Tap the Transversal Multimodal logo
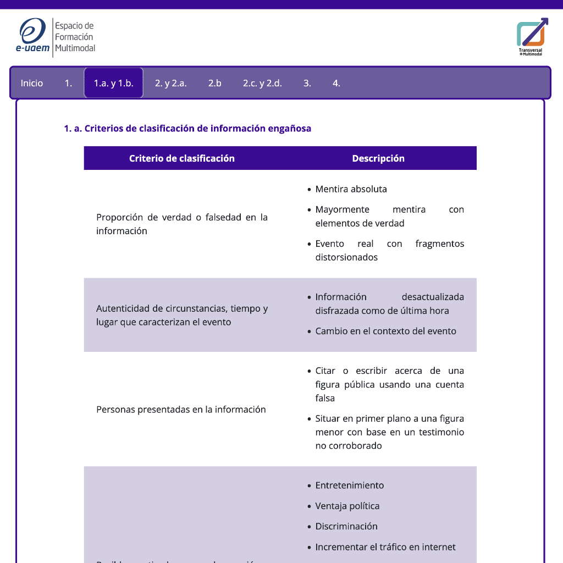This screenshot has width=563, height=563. [x=532, y=36]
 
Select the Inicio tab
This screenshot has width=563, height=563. [x=32, y=84]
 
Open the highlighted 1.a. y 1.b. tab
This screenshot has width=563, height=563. [x=113, y=84]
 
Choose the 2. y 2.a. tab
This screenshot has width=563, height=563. [x=170, y=84]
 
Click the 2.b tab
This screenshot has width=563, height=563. [x=214, y=84]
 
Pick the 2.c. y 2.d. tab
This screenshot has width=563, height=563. [x=262, y=84]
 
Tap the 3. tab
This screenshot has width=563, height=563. [x=307, y=84]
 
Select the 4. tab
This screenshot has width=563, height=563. [x=336, y=84]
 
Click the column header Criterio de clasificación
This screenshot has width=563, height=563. [x=182, y=158]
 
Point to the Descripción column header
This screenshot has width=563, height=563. [x=378, y=158]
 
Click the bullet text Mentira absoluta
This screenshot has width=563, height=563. [x=351, y=189]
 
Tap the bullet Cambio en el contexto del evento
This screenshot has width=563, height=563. [x=385, y=331]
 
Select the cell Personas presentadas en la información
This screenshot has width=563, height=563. [x=181, y=410]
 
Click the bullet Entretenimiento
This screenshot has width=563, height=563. [x=349, y=485]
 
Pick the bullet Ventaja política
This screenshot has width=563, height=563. [x=347, y=506]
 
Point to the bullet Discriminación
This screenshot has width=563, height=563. [x=346, y=526]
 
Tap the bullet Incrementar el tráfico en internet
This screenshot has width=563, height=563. [x=385, y=547]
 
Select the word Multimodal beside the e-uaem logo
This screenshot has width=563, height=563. [x=75, y=48]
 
